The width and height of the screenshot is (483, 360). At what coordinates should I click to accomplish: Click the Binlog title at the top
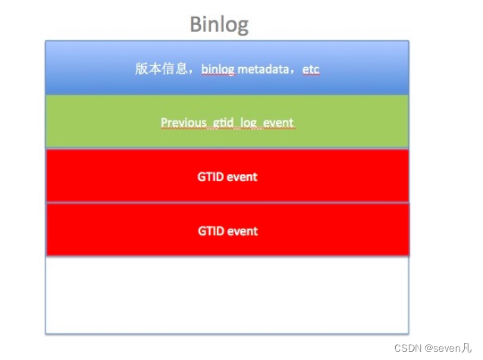[218, 24]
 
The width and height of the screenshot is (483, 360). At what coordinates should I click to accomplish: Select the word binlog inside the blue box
[218, 70]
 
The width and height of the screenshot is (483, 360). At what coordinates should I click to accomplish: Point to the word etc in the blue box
[311, 70]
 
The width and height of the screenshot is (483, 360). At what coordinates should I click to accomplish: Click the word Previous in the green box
[183, 122]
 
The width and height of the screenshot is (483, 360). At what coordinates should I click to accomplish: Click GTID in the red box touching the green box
[212, 177]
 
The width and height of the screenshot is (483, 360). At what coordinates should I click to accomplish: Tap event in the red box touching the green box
[243, 177]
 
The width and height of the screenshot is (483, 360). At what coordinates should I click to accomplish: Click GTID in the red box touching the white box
[212, 230]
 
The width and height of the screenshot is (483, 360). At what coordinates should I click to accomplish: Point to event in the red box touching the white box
[243, 230]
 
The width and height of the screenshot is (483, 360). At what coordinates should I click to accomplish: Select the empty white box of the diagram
[227, 296]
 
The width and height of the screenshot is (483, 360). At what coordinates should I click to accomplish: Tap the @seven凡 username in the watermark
[450, 348]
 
